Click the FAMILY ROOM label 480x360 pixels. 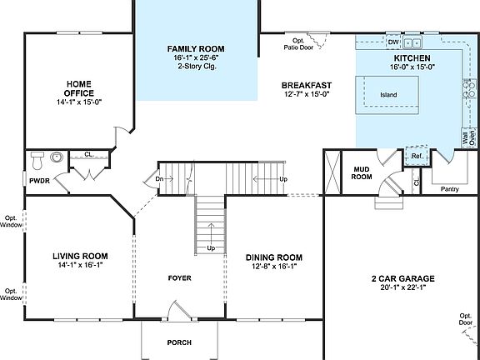[195, 49]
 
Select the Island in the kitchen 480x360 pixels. [389, 94]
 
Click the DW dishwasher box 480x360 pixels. [393, 42]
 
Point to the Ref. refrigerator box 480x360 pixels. [416, 156]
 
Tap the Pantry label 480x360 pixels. [450, 188]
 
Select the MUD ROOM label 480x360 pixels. [361, 172]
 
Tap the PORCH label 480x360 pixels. [179, 342]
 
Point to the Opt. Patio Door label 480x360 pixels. [297, 43]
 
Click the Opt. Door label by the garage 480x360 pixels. [464, 319]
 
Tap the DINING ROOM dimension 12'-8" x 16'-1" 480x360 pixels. [273, 267]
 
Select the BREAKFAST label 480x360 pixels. [307, 85]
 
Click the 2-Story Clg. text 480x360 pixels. [195, 69]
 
